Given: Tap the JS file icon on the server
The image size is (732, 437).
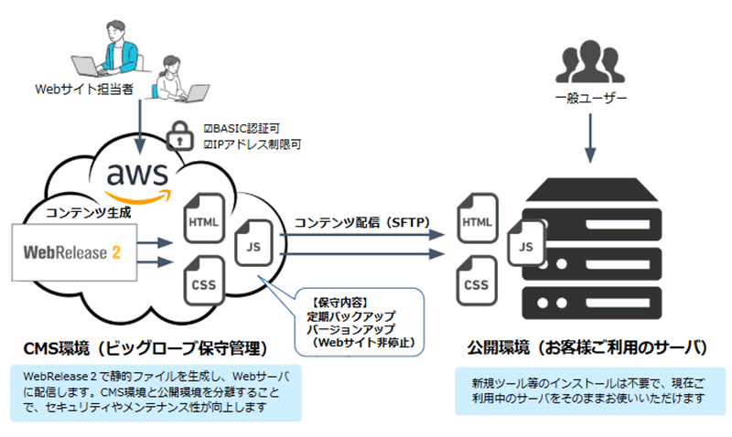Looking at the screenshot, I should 524,245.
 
